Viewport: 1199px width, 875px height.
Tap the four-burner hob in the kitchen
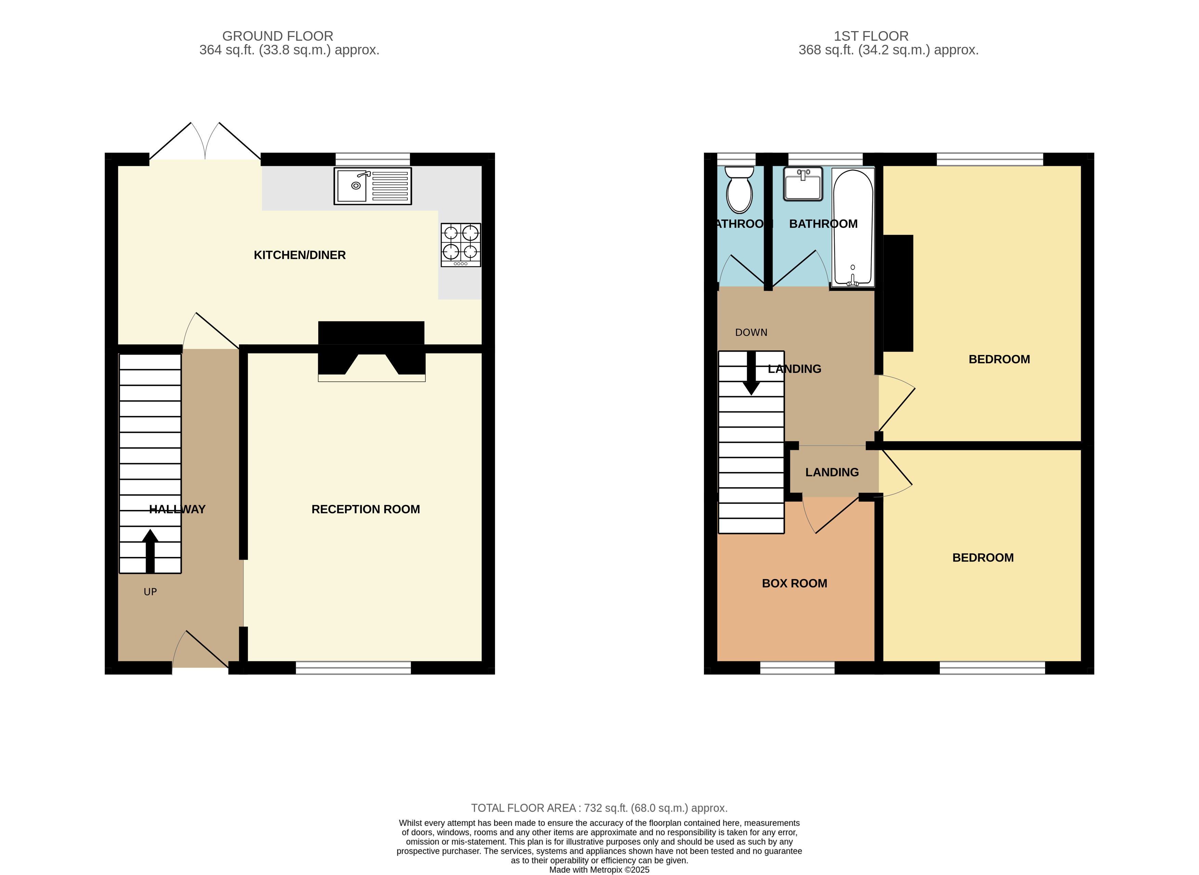461,245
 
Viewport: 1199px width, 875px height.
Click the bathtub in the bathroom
853,228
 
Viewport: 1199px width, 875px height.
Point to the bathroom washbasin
803,184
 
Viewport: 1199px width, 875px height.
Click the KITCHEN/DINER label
299,255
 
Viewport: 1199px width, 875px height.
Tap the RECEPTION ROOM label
366,510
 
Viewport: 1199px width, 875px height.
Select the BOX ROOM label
795,584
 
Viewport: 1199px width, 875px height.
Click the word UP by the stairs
150,592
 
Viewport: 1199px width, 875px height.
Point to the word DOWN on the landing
751,332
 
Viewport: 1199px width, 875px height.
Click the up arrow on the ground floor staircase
150,551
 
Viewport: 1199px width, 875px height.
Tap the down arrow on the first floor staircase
751,374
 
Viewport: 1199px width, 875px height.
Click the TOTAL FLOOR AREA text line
599,808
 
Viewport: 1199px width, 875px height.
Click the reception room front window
353,668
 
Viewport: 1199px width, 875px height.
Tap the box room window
797,668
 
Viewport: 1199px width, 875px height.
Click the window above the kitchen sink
373,159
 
